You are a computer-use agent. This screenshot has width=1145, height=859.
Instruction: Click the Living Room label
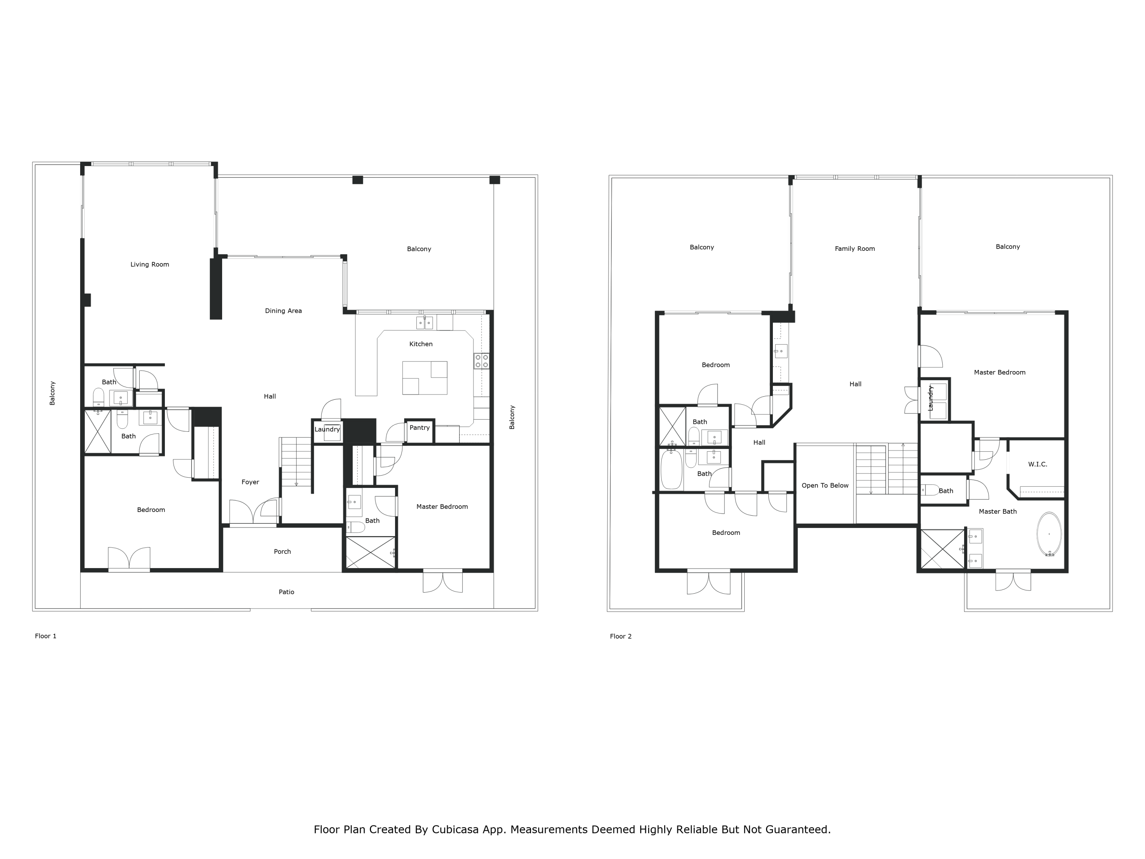tap(150, 265)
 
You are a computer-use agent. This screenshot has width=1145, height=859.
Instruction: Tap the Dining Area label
tap(283, 311)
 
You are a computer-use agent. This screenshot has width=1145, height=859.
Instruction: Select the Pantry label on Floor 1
tap(419, 428)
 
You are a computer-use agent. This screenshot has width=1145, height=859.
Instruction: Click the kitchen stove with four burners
tap(481, 361)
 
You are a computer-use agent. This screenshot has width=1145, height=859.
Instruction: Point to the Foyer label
tap(250, 482)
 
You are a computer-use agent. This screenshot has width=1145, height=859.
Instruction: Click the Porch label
tap(282, 551)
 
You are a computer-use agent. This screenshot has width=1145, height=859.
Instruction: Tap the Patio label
tap(286, 592)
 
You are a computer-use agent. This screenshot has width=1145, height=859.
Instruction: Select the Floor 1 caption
tap(45, 636)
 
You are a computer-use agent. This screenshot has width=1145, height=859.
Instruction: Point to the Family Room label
tap(855, 249)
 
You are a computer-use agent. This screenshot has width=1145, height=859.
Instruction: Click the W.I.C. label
tap(1037, 465)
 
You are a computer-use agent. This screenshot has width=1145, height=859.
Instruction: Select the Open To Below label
tap(825, 486)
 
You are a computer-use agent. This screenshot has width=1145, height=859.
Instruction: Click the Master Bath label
tap(997, 512)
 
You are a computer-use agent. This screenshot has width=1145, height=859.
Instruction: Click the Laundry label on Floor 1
tap(327, 429)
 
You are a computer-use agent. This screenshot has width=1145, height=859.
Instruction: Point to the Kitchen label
tap(421, 344)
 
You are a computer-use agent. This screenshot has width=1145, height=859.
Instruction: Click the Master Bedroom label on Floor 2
tap(1000, 372)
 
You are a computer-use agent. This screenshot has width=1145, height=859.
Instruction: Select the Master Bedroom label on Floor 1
tap(442, 507)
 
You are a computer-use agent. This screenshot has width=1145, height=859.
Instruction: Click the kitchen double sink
tap(425, 323)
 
